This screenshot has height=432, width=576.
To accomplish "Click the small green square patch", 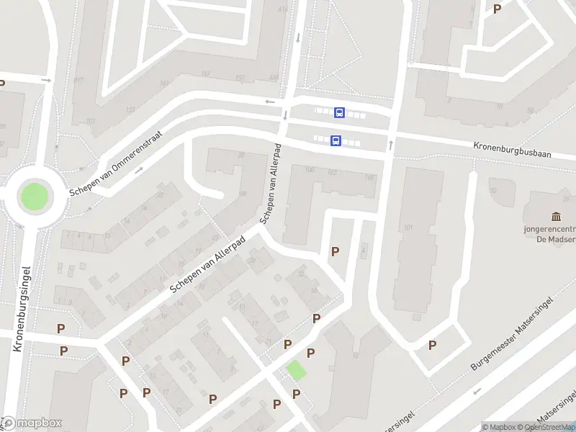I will (296, 370).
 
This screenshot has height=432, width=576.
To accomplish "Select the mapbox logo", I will (32, 423).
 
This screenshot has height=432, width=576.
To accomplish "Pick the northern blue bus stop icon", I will (339, 112).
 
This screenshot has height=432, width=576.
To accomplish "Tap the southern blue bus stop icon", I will (336, 141).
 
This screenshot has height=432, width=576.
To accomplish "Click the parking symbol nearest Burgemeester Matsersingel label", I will (432, 345).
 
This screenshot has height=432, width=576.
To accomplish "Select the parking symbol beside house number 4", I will (335, 251).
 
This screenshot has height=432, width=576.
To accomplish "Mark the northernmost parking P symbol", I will (497, 9).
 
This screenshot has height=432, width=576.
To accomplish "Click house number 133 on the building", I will (130, 110).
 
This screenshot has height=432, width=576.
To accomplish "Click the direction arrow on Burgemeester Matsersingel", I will (476, 392).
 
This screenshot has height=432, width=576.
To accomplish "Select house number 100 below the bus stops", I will (310, 170).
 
